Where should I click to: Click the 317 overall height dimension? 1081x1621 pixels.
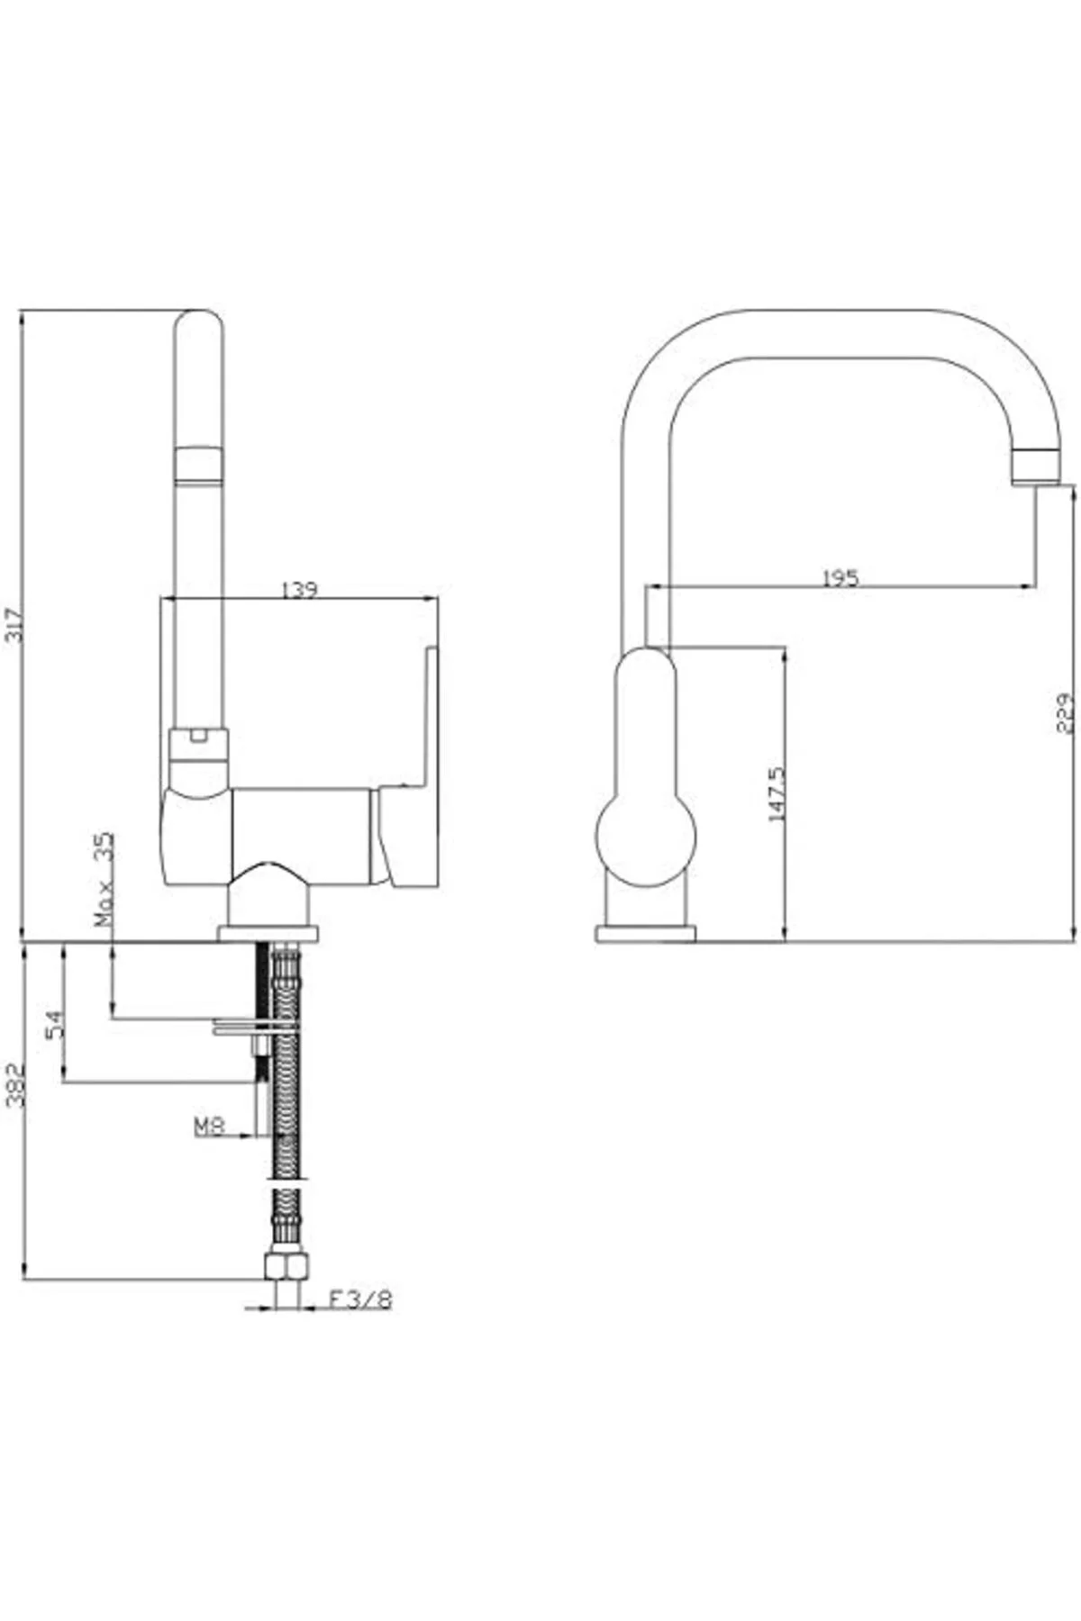click(13, 621)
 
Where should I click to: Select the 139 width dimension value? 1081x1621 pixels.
click(299, 590)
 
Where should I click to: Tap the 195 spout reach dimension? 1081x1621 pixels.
click(840, 577)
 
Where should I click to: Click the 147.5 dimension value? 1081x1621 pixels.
click(777, 793)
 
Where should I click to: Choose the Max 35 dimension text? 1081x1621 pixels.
click(104, 879)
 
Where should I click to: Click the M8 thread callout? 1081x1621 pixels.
click(208, 1125)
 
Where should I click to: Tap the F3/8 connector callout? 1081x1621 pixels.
click(359, 1300)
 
